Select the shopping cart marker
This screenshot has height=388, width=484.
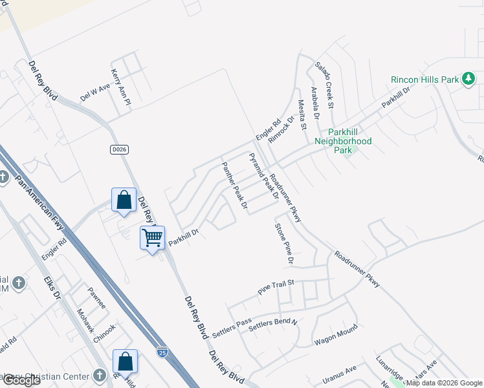tap(153, 238)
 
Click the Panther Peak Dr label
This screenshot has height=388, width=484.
tap(236, 186)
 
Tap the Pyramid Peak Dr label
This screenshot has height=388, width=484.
tap(264, 176)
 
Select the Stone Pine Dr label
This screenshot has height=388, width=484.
tap(285, 244)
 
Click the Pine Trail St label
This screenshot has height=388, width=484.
tap(276, 287)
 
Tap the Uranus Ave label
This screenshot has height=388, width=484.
tap(342, 370)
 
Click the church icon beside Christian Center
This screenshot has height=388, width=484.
tap(99, 375)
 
